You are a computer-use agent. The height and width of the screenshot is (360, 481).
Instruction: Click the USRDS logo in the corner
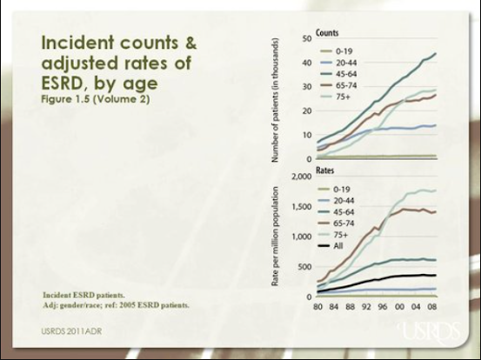click(x=430, y=332)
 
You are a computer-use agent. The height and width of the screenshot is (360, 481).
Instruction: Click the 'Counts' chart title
click(x=327, y=33)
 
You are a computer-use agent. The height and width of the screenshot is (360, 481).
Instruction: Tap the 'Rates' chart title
click(x=324, y=170)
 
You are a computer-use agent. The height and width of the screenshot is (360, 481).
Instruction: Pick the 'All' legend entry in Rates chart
click(x=330, y=245)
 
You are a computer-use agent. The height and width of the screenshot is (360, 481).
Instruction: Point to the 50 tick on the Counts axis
click(x=307, y=38)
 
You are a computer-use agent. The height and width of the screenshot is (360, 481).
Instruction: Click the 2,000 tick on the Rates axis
click(x=301, y=177)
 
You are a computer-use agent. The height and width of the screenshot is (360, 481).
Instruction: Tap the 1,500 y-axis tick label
click(x=301, y=207)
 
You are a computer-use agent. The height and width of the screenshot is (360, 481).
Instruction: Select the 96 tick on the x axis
click(x=383, y=307)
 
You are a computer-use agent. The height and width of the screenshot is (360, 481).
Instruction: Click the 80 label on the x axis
click(x=318, y=307)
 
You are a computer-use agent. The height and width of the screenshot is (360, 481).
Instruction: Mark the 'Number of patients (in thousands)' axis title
click(x=275, y=100)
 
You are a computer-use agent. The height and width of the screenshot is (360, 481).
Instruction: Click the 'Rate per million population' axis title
click(x=275, y=237)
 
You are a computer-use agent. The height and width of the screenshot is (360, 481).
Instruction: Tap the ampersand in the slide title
click(x=190, y=43)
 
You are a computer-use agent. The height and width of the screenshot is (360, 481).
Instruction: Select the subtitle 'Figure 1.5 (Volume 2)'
click(x=96, y=99)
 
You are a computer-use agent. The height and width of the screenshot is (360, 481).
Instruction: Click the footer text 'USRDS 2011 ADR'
click(x=71, y=331)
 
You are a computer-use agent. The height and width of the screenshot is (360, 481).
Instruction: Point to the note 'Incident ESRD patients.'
click(x=84, y=295)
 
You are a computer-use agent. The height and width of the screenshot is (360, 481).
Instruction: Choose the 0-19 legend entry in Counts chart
click(x=336, y=51)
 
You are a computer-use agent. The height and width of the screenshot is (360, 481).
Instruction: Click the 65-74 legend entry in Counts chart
click(x=338, y=85)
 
